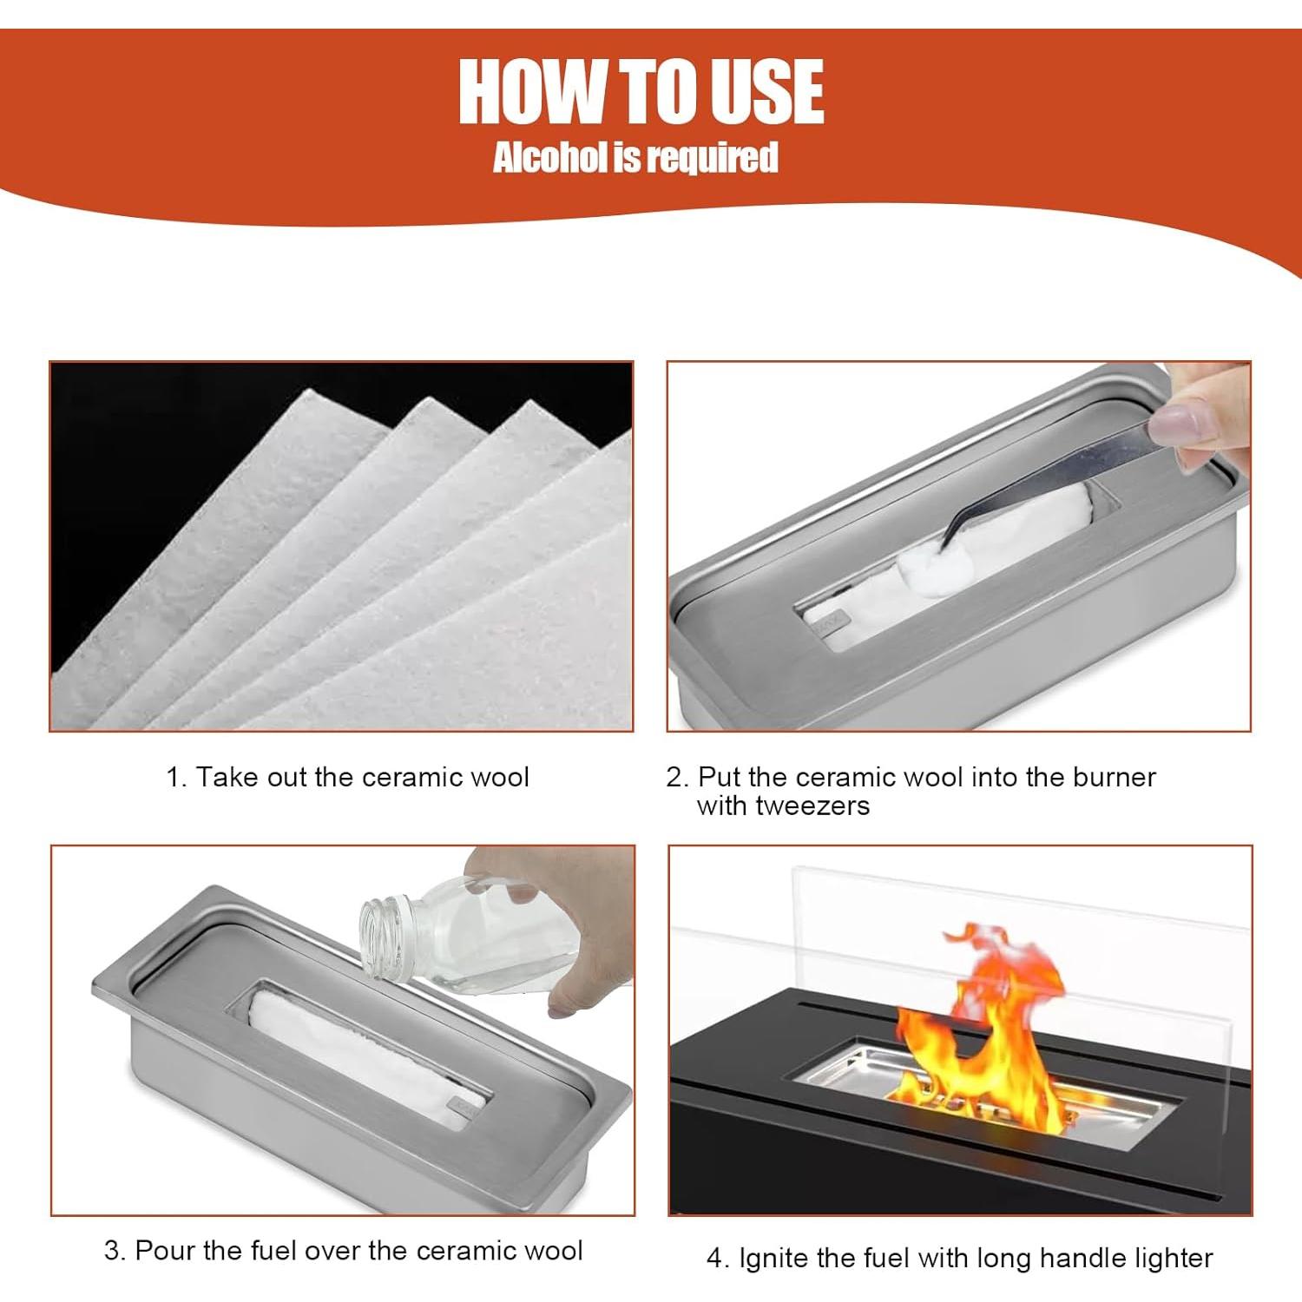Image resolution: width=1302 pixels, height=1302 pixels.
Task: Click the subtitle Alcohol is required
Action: [x=635, y=158]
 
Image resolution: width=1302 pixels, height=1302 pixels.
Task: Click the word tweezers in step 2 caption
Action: [x=812, y=806]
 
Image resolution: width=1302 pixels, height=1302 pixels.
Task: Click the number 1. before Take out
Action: [x=177, y=777]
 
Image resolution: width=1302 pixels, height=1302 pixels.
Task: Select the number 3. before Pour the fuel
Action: [x=115, y=1251]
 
